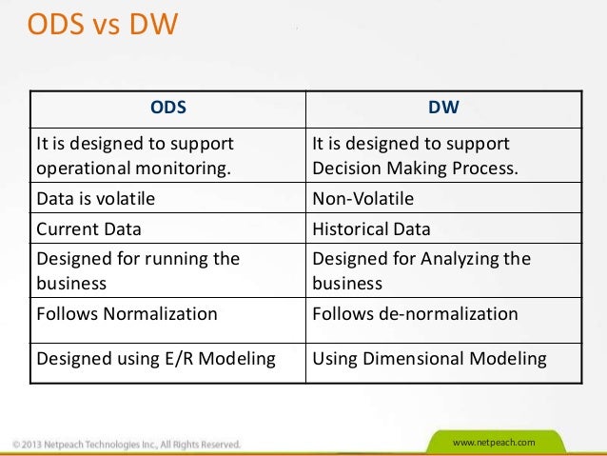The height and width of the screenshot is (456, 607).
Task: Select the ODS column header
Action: pos(168,108)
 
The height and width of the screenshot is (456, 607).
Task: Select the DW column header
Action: pos(443,108)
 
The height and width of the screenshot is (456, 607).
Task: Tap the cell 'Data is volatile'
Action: pos(95,200)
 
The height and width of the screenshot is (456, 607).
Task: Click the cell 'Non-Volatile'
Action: pos(363,200)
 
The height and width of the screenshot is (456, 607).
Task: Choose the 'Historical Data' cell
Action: pos(372,228)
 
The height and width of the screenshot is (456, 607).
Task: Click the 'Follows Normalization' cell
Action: pos(127,313)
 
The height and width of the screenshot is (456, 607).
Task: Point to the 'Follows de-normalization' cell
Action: pos(415,313)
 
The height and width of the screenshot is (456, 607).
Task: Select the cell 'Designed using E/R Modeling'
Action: pos(156,359)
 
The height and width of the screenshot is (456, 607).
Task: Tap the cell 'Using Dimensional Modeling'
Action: pos(429,359)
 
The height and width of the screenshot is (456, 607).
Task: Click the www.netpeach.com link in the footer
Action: pos(495,444)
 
